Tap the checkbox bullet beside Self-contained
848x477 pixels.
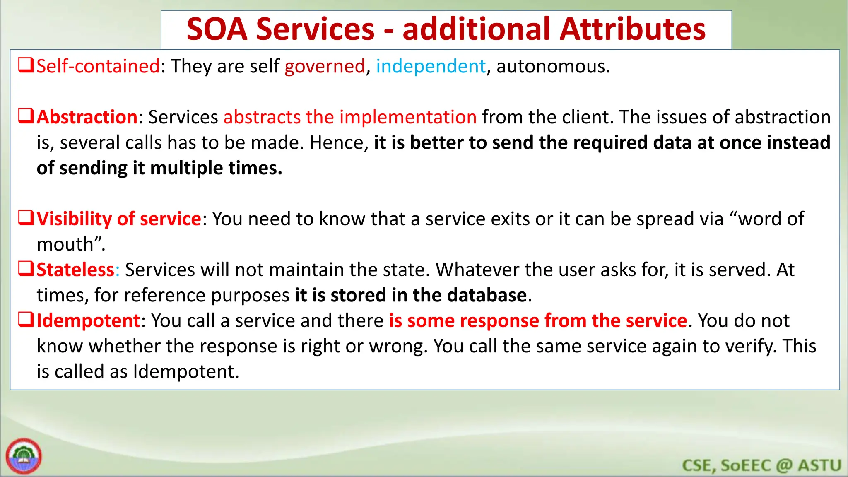(x=26, y=65)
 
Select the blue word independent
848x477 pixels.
(x=431, y=66)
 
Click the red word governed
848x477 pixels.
(x=325, y=66)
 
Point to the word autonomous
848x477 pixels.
(x=552, y=66)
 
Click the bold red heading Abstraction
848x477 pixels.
(x=87, y=117)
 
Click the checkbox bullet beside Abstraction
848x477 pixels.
(x=26, y=116)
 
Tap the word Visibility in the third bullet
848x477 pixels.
(x=74, y=219)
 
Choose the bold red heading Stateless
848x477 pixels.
(x=75, y=270)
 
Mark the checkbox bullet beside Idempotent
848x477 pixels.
(x=26, y=320)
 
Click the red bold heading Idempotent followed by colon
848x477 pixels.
(x=89, y=321)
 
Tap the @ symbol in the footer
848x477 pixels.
(x=784, y=465)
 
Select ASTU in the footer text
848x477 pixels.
(x=819, y=465)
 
